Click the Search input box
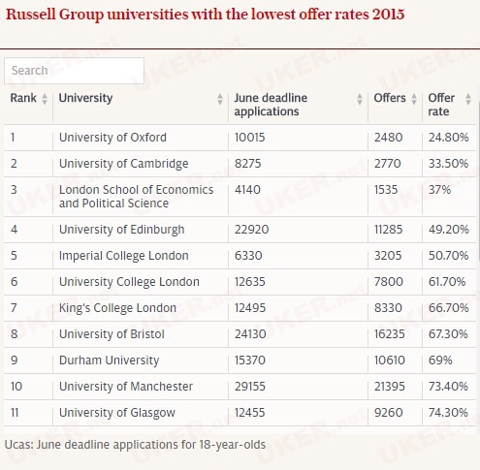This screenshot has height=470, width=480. click(74, 71)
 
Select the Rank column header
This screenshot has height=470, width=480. click(23, 98)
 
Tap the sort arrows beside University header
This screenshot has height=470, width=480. click(220, 99)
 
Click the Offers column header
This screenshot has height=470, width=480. click(390, 98)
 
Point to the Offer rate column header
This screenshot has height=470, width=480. click(441, 105)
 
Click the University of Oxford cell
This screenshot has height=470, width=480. click(112, 138)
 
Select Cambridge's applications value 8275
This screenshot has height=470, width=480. click(247, 164)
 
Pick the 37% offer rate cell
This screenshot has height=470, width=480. click(439, 190)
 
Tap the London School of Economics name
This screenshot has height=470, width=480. click(136, 197)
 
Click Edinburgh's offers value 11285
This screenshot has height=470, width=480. click(388, 230)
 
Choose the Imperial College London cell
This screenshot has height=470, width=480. click(124, 256)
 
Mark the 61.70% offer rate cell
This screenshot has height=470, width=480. click(447, 282)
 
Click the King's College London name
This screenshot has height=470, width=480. click(117, 308)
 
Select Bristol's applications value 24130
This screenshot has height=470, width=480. click(250, 334)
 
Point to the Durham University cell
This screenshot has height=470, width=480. click(110, 360)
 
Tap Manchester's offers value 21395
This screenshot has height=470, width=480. click(390, 387)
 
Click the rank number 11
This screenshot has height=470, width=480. click(15, 413)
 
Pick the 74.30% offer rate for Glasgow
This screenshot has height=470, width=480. click(448, 413)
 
